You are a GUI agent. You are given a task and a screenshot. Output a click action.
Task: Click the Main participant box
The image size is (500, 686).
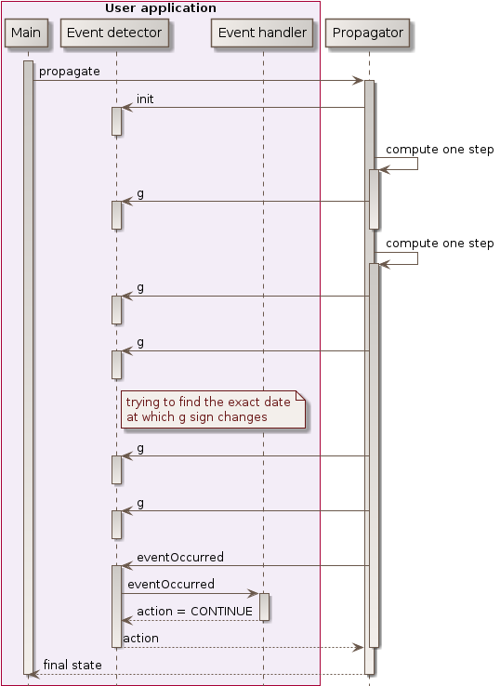point(27,33)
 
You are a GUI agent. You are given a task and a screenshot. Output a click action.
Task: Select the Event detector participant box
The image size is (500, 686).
point(115,33)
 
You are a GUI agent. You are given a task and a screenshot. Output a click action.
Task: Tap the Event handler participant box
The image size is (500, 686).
point(263,33)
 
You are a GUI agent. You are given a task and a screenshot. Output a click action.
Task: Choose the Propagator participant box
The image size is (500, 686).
point(369,33)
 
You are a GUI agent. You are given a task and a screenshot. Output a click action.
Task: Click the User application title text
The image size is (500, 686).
point(161,8)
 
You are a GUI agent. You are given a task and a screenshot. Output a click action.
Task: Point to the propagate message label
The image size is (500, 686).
point(70,72)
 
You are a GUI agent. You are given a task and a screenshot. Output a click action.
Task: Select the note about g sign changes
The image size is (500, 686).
point(213,410)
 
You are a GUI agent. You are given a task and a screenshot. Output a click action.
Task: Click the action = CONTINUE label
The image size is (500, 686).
point(194,611)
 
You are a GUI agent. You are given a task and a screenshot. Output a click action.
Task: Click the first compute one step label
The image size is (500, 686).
point(440,149)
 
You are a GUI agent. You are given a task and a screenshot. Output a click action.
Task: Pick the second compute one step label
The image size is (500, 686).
point(440,243)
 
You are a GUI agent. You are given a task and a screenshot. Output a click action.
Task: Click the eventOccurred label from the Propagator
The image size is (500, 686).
point(180,557)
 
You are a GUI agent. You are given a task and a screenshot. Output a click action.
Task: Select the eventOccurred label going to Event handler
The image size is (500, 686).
point(171,584)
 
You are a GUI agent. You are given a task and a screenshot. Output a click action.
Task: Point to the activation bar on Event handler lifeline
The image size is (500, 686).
point(264,606)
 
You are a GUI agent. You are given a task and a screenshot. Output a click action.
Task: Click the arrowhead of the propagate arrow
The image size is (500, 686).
point(358,81)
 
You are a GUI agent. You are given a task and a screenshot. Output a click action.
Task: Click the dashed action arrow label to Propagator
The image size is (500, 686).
point(140,638)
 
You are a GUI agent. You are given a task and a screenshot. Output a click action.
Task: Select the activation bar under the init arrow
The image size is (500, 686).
point(116,121)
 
